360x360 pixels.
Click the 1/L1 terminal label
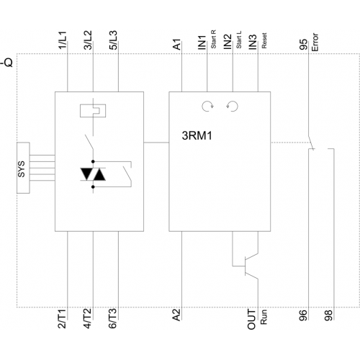pos(63,40)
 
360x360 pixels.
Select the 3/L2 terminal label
pos(88,40)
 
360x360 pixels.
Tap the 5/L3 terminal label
pos(113,40)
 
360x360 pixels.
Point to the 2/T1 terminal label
pos(62,319)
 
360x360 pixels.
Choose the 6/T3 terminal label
pos(112,318)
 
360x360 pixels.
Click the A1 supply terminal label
pos(176,45)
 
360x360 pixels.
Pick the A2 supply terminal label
pos(176,315)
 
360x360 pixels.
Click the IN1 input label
pos(202,42)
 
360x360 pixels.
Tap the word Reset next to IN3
pos(264,40)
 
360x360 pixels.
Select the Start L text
pos(239,40)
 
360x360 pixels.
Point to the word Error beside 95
pos(315,42)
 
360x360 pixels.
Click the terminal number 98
pos(328,315)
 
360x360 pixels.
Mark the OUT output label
pos(252,320)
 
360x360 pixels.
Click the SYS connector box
pos(23,168)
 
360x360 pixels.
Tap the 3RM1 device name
pos(197,136)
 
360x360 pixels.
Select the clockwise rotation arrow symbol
pos(207,107)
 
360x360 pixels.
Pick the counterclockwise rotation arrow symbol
pos(232,107)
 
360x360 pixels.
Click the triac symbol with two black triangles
pos(93,174)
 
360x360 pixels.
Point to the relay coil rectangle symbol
pos(93,111)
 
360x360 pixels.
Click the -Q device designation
pos(6,63)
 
